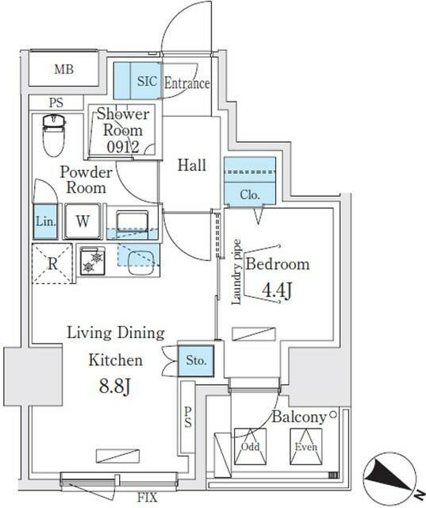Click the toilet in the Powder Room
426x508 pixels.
pos(54,135)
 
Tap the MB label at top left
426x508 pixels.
pos(64,69)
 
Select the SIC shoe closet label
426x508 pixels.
pos(148,81)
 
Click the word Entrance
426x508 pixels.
pos(186,83)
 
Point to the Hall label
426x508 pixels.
pos(192,165)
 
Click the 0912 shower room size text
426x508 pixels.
pos(123,148)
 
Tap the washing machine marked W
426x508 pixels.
pos(83,221)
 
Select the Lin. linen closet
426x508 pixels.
pos(46,221)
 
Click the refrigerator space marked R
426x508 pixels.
pos(52,264)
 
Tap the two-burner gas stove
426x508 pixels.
pos(93,261)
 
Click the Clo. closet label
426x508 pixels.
pos(250,194)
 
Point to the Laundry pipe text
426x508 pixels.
pos(236,271)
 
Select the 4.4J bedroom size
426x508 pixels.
pos(277,291)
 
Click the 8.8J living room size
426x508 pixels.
pos(115,387)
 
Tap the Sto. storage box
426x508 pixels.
pos(196,360)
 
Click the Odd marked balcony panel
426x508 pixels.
pos(250,446)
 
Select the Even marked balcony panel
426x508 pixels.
pos(306,446)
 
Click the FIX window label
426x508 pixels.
pos(147,497)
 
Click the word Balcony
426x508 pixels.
pos(299,417)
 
